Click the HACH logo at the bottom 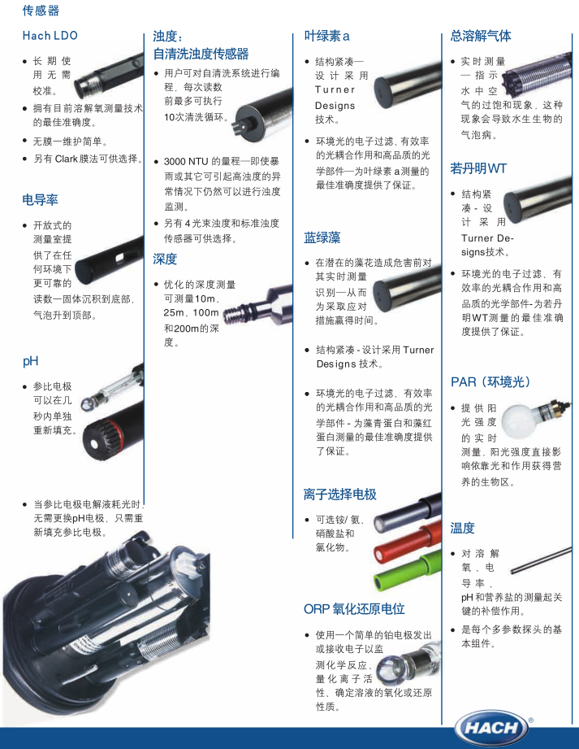click(x=492, y=728)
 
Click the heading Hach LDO click(x=50, y=35)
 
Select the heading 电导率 click(x=40, y=200)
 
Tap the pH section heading click(x=31, y=361)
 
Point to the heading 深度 click(x=165, y=259)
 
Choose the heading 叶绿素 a click(x=326, y=36)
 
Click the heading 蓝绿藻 click(x=322, y=237)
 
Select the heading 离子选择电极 click(x=340, y=494)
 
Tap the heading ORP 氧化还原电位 click(x=354, y=608)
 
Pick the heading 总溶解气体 click(x=480, y=36)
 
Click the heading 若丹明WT click(x=478, y=168)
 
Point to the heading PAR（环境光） click(x=491, y=381)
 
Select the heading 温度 click(x=463, y=528)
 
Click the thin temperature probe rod click(x=541, y=560)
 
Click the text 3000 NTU click(x=186, y=162)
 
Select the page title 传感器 click(x=41, y=11)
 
